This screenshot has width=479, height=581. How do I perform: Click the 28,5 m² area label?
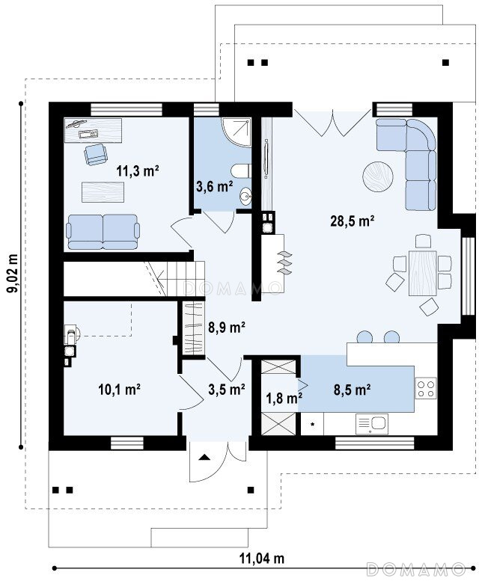pyautogui.click(x=352, y=221)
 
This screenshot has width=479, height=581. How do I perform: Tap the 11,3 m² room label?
pyautogui.click(x=138, y=170)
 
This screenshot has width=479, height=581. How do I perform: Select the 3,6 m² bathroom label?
pyautogui.click(x=214, y=186)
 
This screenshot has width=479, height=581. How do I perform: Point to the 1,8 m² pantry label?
pyautogui.click(x=284, y=398)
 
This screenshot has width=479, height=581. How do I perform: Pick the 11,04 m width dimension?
pyautogui.click(x=262, y=558)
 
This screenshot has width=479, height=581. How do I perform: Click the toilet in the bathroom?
pyautogui.click(x=241, y=171)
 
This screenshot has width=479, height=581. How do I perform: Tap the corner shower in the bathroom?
pyautogui.click(x=237, y=132)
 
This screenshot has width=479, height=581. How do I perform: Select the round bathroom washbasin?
pyautogui.click(x=245, y=197)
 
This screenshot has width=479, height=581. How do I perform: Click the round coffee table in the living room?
pyautogui.click(x=378, y=176)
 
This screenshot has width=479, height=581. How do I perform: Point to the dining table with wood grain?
pyautogui.click(x=422, y=273)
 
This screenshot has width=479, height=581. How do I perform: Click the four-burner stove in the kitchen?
pyautogui.click(x=426, y=388)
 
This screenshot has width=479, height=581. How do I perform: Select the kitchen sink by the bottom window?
pyautogui.click(x=371, y=424)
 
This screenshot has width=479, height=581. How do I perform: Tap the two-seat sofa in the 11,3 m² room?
pyautogui.click(x=103, y=232)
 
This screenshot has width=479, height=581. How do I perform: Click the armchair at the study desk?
pyautogui.click(x=96, y=155)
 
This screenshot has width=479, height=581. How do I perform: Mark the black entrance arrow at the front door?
pyautogui.click(x=204, y=457)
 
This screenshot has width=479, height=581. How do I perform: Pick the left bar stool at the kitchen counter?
pyautogui.click(x=364, y=336)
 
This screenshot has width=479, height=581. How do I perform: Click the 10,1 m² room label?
pyautogui.click(x=119, y=390)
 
